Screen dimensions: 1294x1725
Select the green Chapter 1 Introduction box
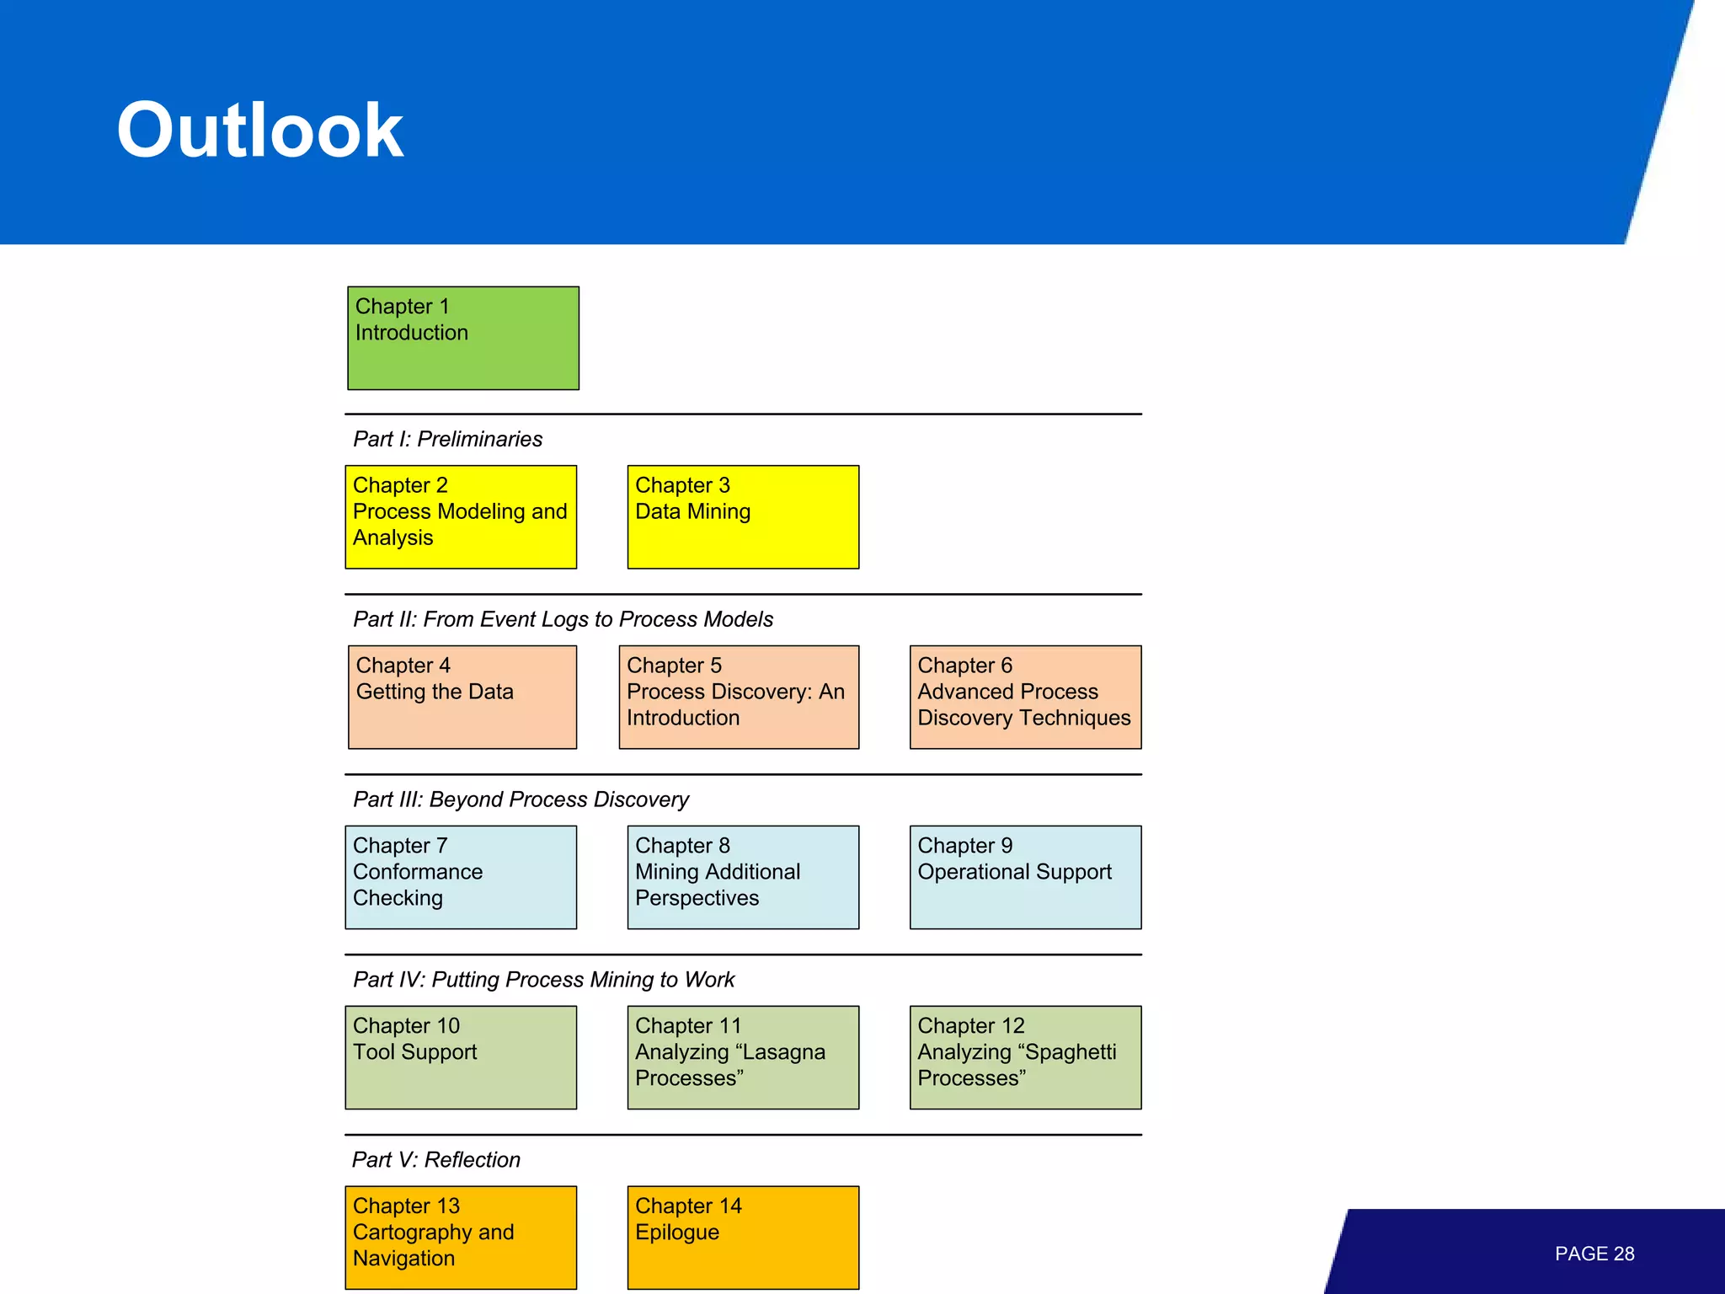click(x=463, y=338)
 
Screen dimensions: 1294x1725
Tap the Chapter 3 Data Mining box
click(x=743, y=516)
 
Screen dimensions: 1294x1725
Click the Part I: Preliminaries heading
click(x=447, y=439)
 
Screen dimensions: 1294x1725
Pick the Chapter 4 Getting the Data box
click(x=462, y=697)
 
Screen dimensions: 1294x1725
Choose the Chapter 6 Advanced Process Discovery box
click(x=1025, y=697)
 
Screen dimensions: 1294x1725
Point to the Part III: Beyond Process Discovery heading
click(x=521, y=799)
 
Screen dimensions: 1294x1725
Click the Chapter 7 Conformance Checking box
click(x=461, y=877)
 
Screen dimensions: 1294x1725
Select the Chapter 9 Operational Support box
click(x=1025, y=877)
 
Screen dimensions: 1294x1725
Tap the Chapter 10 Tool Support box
click(x=461, y=1057)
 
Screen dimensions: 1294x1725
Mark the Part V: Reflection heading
click(x=435, y=1160)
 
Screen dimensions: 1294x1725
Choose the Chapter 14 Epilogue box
click(x=743, y=1237)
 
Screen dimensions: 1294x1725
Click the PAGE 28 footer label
click(x=1594, y=1254)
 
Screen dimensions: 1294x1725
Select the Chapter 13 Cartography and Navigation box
click(x=461, y=1237)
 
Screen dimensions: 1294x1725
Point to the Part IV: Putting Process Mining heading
click(x=543, y=980)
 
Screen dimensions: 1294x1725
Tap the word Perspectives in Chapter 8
click(x=697, y=898)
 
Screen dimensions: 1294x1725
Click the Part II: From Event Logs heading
click(x=563, y=619)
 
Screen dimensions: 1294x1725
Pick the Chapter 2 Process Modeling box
click(x=461, y=516)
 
